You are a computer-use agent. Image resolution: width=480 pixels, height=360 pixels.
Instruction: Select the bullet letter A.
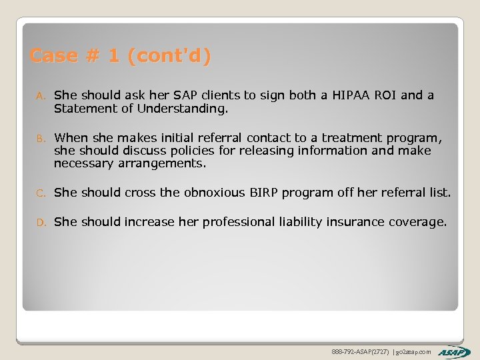point(40,96)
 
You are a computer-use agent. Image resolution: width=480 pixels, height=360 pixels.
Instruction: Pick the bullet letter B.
point(40,139)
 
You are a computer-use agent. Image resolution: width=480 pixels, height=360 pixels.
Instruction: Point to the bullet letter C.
point(40,193)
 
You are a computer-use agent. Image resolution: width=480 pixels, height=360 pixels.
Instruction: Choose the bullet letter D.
point(40,222)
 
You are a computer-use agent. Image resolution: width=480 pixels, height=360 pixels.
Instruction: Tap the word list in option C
point(439,193)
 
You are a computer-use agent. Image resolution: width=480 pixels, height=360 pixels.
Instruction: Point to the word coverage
point(417,221)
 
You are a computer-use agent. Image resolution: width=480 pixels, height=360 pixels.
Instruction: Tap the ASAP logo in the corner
point(454,351)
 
